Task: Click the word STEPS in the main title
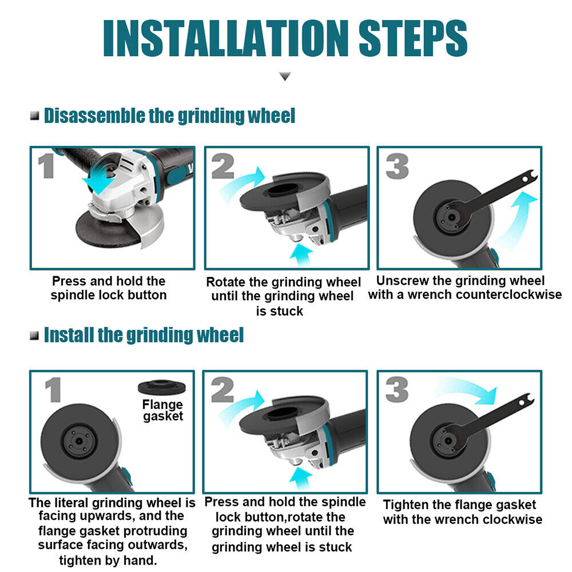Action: point(412,38)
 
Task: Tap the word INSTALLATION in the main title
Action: point(225,38)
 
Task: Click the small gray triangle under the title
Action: point(285,76)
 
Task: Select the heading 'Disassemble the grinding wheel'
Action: point(169,116)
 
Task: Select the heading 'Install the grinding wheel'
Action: point(144,335)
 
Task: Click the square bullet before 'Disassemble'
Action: point(35,116)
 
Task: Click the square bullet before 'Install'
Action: point(35,335)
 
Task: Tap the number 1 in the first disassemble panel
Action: point(46,166)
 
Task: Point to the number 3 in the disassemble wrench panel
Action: point(397,166)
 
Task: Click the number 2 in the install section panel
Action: point(222,390)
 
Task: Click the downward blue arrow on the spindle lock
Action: point(100,178)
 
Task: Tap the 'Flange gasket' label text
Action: point(162,410)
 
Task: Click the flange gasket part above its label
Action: point(162,387)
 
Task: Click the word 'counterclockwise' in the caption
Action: point(509,295)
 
